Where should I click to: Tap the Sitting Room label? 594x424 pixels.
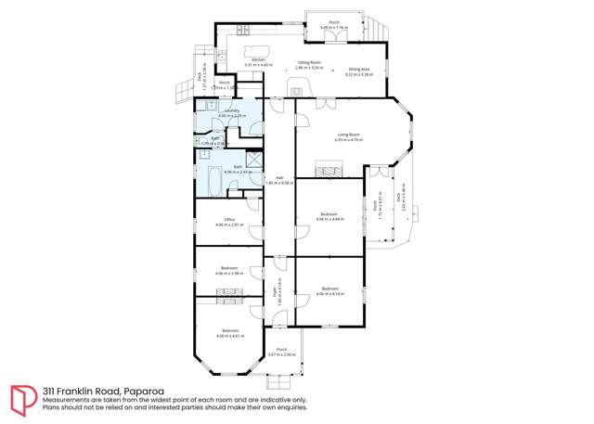coord(308,66)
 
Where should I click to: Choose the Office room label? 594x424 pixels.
coord(228,223)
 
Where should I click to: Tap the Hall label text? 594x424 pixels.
coord(278,180)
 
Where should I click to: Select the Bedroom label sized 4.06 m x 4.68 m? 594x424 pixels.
coord(331,217)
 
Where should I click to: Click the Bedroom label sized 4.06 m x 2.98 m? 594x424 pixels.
coord(228,271)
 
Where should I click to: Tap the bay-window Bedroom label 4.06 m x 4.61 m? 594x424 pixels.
coord(228,334)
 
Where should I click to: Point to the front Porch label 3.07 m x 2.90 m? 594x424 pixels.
coord(281,352)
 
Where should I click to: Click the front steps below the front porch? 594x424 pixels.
coord(279,380)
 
